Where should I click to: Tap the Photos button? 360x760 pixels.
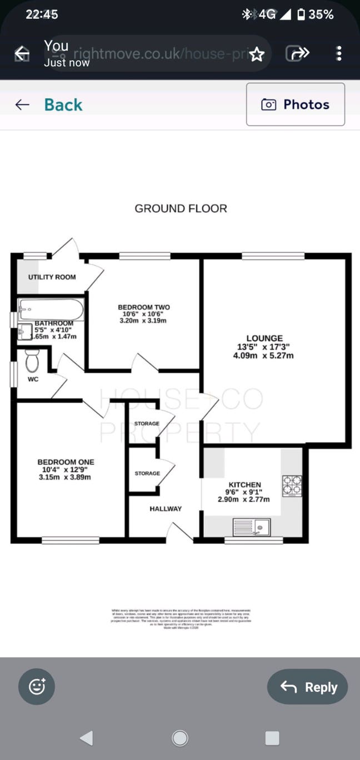[295, 104]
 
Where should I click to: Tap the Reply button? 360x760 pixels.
[307, 687]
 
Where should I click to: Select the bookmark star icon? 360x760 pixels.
[256, 54]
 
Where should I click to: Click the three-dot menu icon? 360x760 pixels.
[339, 53]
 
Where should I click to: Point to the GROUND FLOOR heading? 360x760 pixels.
[181, 208]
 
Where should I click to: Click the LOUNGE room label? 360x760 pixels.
[264, 338]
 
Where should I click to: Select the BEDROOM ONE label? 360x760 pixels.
[66, 462]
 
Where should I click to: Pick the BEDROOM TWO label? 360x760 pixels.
[143, 307]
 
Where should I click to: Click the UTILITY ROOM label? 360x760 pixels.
[52, 277]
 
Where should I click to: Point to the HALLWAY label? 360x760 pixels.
[166, 508]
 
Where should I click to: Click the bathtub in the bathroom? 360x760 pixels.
[51, 309]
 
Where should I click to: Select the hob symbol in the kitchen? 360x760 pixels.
[292, 486]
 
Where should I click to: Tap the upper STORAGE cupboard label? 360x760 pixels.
[147, 423]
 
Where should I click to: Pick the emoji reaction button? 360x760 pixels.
[37, 687]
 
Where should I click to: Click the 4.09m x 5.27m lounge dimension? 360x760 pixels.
[263, 356]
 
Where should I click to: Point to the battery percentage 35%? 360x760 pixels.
[321, 14]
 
